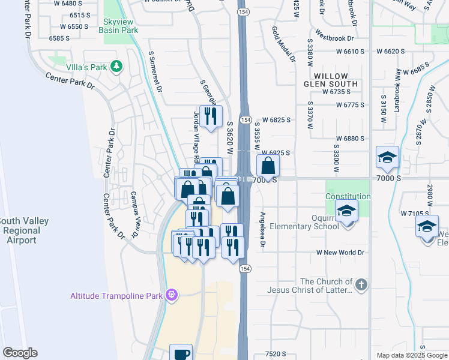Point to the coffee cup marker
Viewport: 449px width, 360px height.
coord(181,353)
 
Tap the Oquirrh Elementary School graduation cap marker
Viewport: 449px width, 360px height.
coord(347,211)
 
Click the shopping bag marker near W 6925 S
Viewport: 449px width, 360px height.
coord(268,165)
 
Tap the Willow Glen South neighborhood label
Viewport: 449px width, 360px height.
coord(331,80)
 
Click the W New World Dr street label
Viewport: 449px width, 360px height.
coord(341,253)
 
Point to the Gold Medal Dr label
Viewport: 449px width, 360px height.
coord(283,44)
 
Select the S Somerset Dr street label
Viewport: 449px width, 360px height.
coord(155,71)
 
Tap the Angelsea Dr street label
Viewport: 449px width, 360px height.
coord(262,229)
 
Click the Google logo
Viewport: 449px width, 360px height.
coord(20,353)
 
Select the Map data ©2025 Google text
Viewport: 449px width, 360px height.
coord(411,355)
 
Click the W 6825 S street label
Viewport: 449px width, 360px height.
coord(276,120)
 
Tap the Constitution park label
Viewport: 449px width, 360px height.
coord(348,197)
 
